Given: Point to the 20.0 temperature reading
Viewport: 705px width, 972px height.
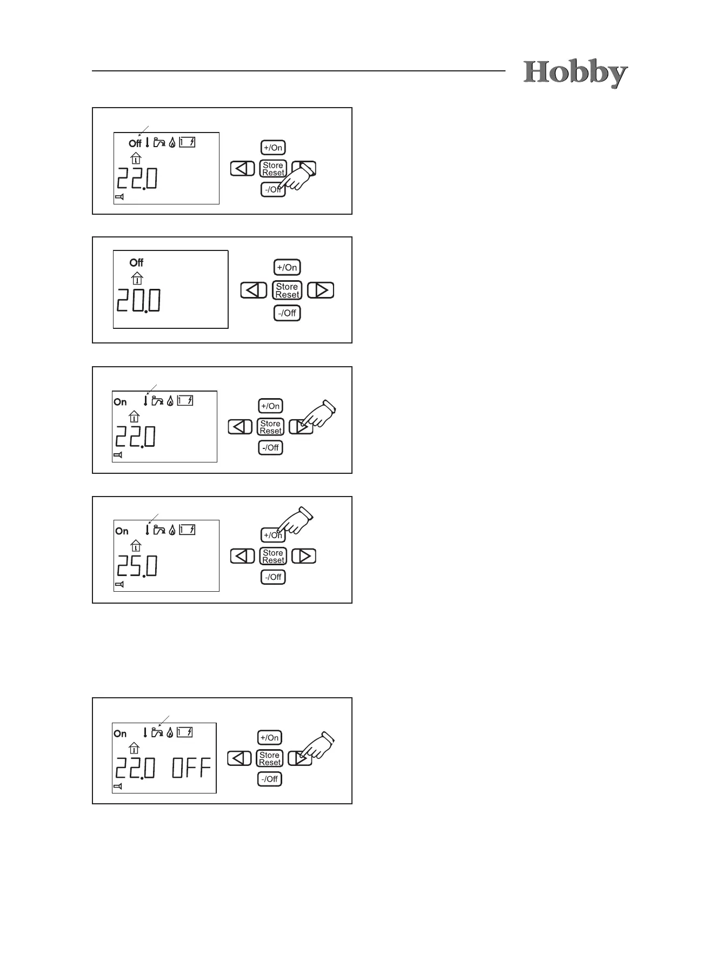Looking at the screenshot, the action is pos(139,301).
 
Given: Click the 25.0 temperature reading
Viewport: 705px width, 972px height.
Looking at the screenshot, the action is pos(137,566).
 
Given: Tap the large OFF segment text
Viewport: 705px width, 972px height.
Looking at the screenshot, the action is pos(191,768).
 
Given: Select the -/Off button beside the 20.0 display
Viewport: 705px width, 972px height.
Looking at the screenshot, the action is pos(287,313).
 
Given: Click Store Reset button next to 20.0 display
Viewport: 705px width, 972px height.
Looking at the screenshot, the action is pos(287,290).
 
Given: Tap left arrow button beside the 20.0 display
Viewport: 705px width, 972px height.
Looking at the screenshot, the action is pos(254,290).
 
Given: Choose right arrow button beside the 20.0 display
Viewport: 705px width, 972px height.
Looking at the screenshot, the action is pos(321,290).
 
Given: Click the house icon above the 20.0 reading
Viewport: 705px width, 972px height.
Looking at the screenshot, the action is pos(137,278).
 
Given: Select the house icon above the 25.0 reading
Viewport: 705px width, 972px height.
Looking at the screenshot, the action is pos(136,545).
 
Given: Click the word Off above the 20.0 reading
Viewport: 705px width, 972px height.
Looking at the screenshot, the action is pos(136,263).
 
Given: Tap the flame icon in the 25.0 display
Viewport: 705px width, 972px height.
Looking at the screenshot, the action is pos(172,530).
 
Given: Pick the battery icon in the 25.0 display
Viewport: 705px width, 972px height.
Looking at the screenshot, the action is pos(187,530).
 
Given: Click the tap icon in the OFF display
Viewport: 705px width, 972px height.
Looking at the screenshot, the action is pos(157,733).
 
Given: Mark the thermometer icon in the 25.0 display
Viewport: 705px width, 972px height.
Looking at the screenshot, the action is pos(147,530).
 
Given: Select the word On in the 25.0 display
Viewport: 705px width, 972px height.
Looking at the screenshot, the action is pos(122,531).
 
